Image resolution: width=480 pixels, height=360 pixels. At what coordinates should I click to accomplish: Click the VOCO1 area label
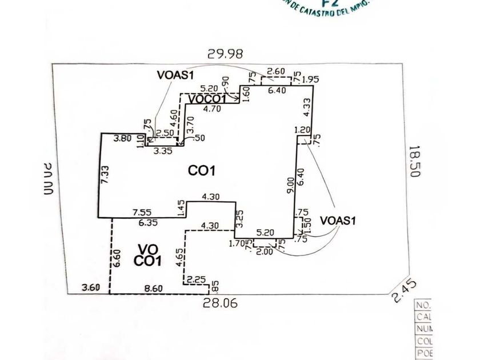(207, 99)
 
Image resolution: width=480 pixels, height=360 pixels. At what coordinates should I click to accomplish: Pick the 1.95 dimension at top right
(310, 79)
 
